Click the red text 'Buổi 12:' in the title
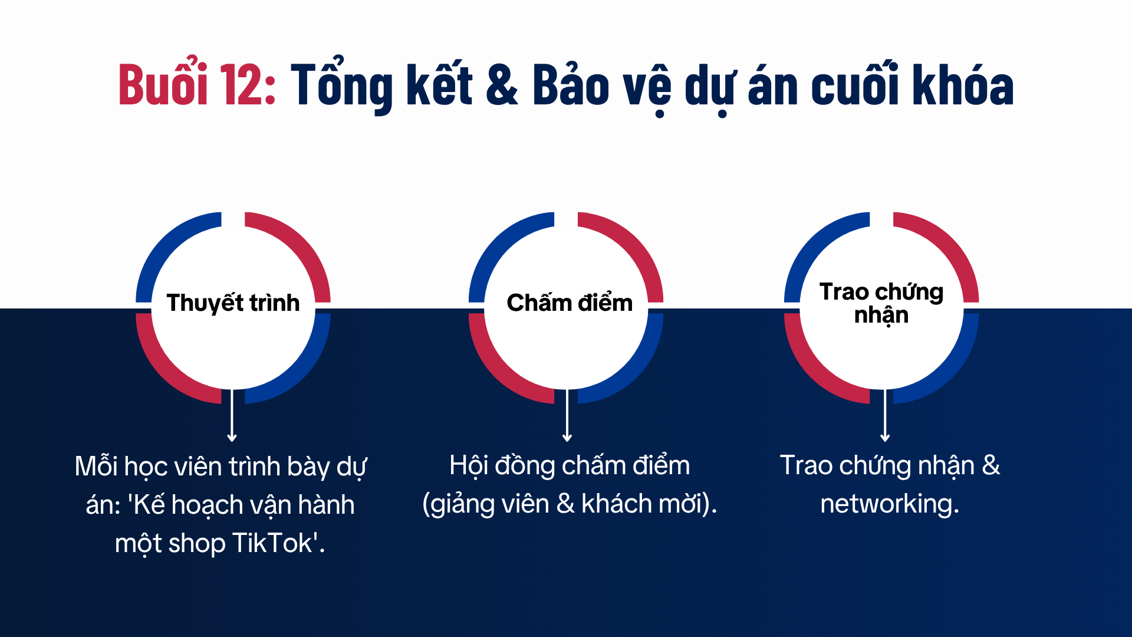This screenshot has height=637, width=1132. tap(197, 84)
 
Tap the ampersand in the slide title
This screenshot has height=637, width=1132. tap(502, 85)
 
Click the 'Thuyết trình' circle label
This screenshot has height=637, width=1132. tap(233, 303)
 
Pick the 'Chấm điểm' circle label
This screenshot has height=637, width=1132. tap(570, 303)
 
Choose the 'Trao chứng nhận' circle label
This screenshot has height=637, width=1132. tap(881, 303)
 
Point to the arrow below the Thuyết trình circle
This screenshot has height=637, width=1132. tap(232, 415)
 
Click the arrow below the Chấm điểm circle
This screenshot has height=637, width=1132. tap(567, 415)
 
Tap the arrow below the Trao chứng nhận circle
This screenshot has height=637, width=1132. tap(885, 415)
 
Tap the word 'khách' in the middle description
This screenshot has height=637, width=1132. tap(616, 504)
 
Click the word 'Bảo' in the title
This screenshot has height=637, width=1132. tap(571, 85)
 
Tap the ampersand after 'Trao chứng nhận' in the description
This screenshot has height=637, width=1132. tap(991, 465)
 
